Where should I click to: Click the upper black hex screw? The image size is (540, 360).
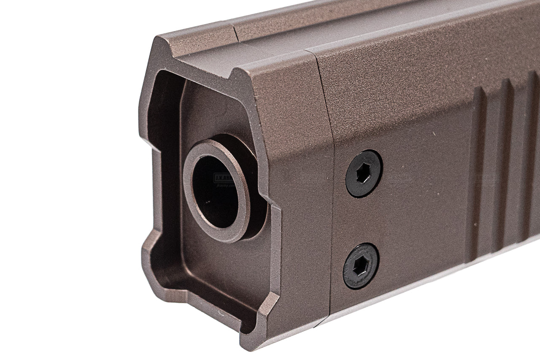point(364,173)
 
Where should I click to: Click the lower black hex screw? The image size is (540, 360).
point(361,266)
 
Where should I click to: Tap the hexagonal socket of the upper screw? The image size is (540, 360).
point(364,174)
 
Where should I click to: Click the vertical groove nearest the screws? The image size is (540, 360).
point(478,169)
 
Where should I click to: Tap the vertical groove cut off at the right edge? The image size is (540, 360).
point(532,160)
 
